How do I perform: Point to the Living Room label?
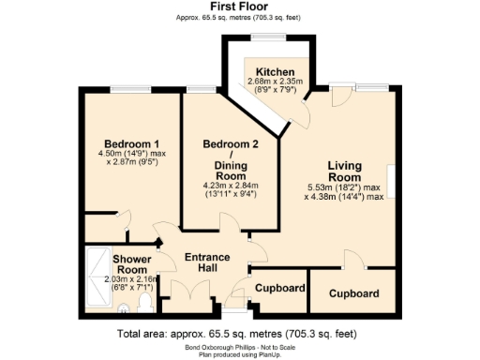click(x=344, y=172)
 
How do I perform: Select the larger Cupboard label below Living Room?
click(x=353, y=293)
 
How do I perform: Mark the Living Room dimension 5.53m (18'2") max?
click(x=344, y=187)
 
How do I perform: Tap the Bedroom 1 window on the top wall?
click(x=131, y=90)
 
